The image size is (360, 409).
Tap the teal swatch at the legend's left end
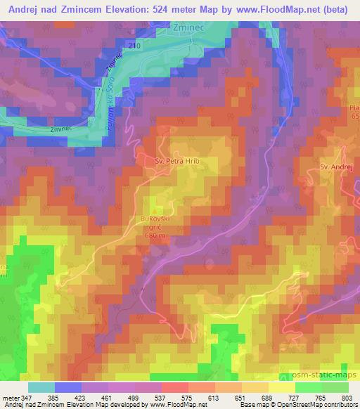pyautogui.click(x=41, y=387)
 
